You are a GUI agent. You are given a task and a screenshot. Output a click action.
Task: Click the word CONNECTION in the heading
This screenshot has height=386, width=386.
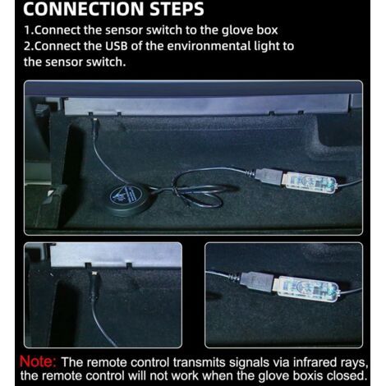85,8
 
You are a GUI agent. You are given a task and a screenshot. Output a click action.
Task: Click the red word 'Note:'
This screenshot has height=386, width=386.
38,362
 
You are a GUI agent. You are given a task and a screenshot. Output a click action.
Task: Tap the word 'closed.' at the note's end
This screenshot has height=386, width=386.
347,375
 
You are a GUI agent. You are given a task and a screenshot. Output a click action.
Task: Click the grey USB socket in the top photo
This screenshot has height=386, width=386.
269,176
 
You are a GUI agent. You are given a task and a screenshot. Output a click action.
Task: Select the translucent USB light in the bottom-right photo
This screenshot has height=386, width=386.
307,289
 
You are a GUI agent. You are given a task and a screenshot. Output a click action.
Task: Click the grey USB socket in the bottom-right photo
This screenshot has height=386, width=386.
257,281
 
